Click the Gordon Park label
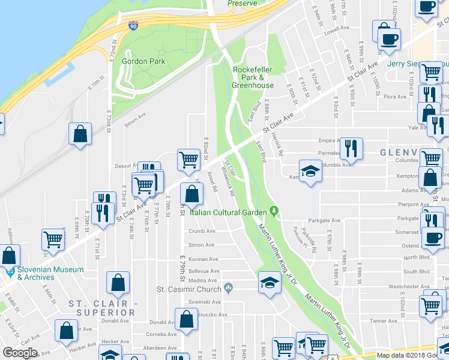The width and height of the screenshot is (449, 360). (x=143, y=61)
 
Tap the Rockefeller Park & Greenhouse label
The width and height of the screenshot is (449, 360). (x=253, y=77)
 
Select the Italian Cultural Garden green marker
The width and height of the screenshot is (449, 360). (x=274, y=211)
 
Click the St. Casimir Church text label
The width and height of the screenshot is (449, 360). (x=188, y=289)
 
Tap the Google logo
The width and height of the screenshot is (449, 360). (x=20, y=353)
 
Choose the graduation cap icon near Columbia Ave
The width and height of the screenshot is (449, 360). (x=310, y=171)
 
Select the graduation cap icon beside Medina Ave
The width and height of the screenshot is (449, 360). (x=270, y=282)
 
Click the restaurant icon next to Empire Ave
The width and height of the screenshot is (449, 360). (x=351, y=148)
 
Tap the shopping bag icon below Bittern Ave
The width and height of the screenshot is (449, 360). (x=80, y=134)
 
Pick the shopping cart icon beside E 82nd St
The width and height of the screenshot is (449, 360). (x=188, y=160)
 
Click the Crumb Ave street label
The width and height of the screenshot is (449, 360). (x=202, y=231)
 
